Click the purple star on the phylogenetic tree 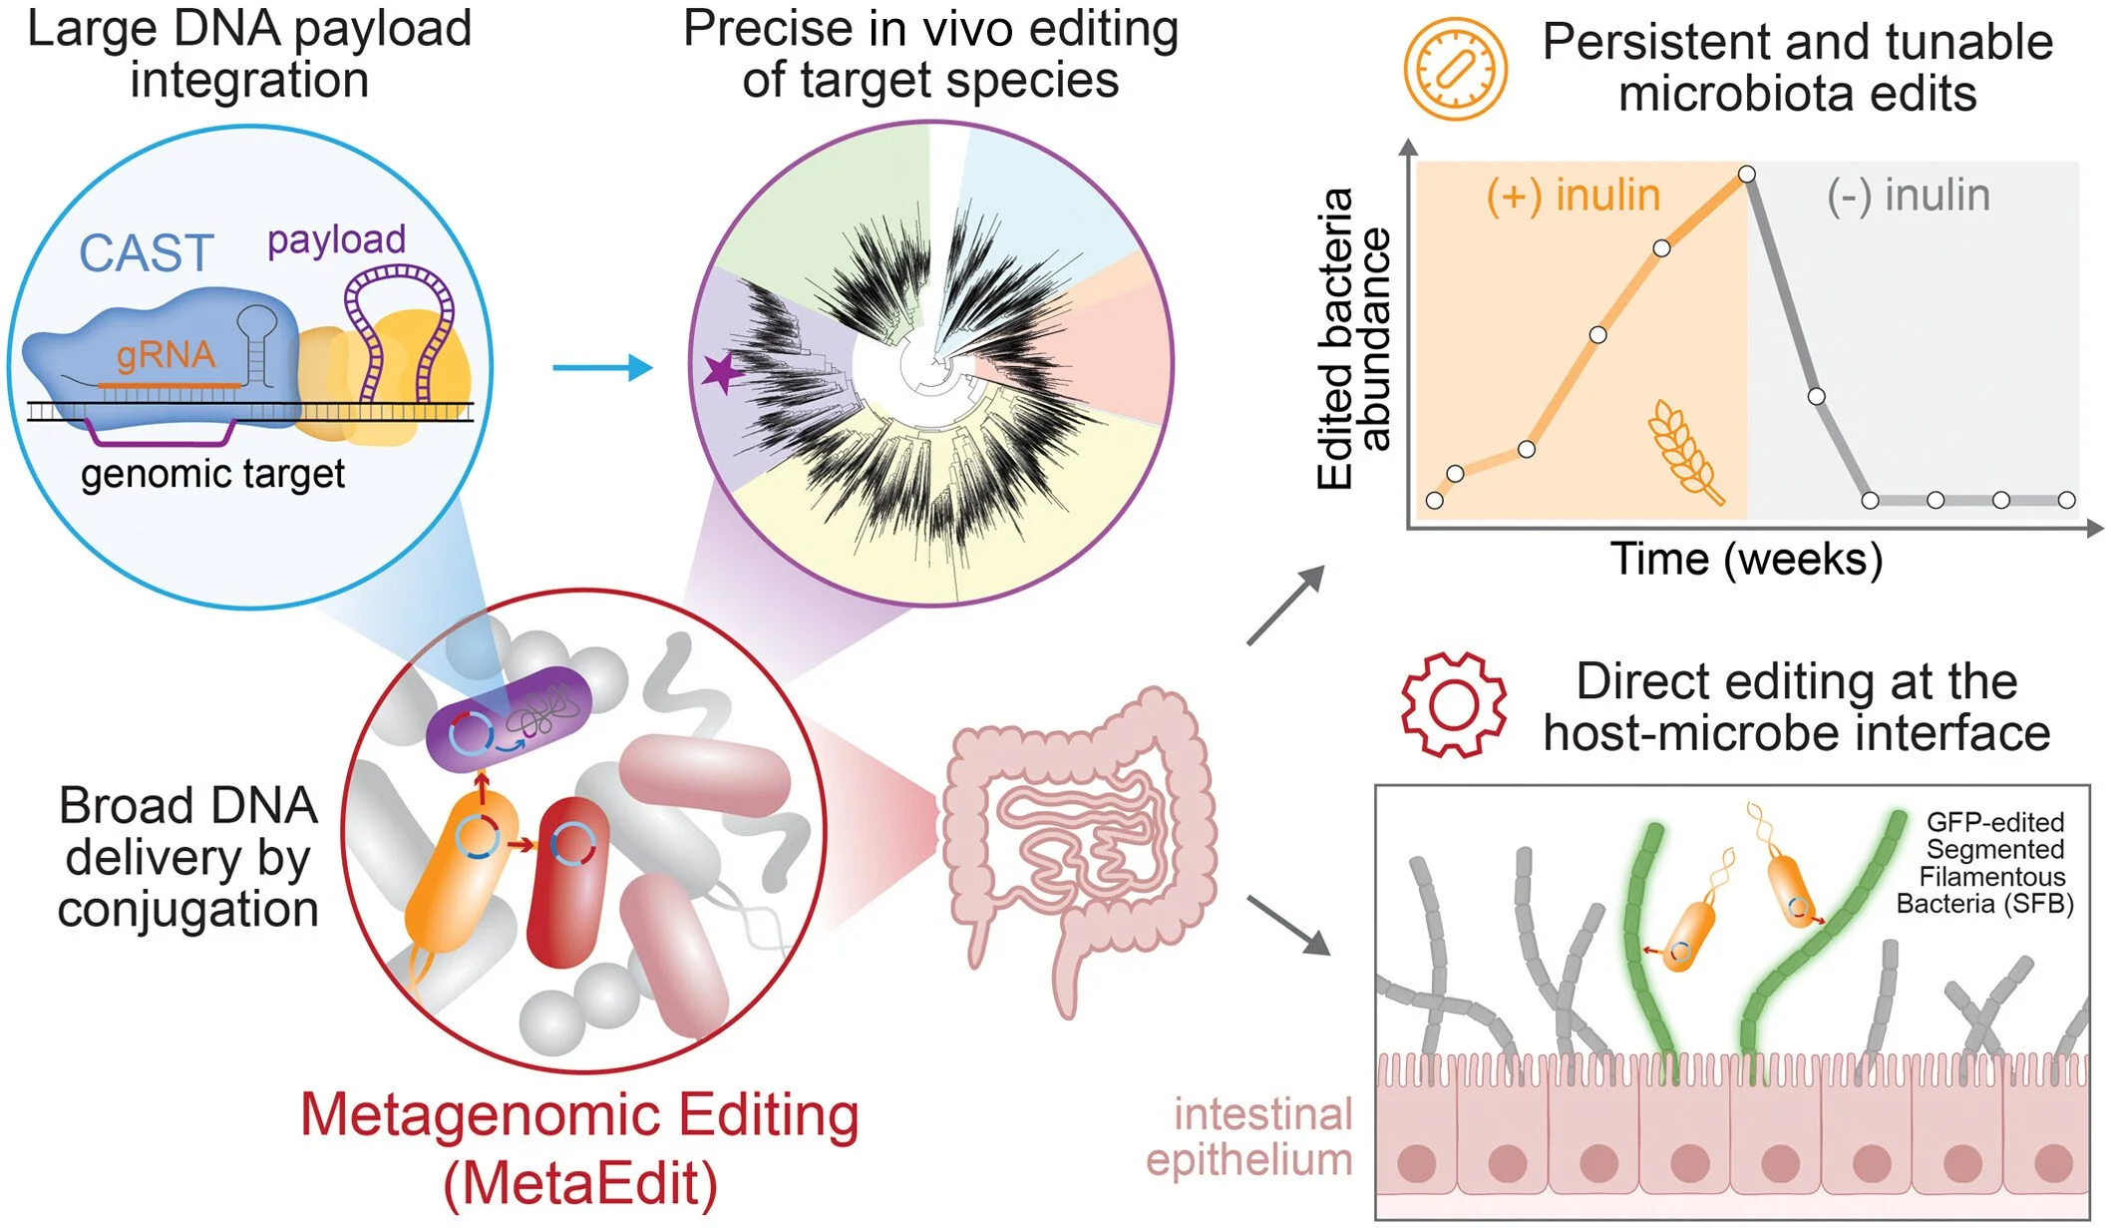click(x=721, y=372)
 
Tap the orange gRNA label click(x=166, y=355)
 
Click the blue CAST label click(x=147, y=253)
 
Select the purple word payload click(x=336, y=239)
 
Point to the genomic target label click(x=212, y=474)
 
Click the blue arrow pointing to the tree click(x=601, y=368)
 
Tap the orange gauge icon click(x=1455, y=69)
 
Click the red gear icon click(x=1453, y=705)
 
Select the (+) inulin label click(x=1573, y=196)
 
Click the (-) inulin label click(x=1908, y=196)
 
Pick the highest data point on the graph click(x=1747, y=175)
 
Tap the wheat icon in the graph click(x=1685, y=451)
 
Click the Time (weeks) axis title click(x=1746, y=559)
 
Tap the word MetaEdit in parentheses click(x=580, y=1184)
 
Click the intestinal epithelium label click(x=1250, y=1137)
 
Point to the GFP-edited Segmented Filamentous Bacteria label click(x=1987, y=864)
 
